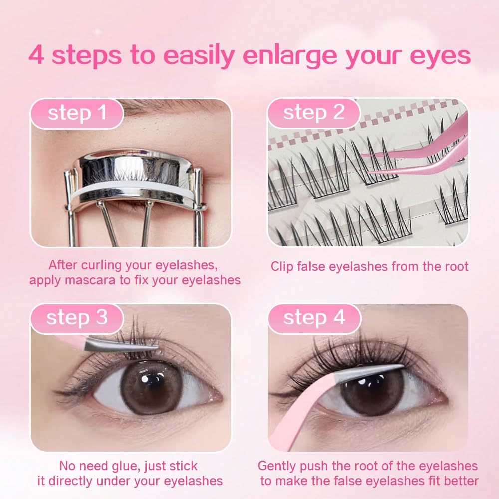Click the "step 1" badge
click(77, 113)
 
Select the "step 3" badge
click(77, 318)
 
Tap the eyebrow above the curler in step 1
click(165, 107)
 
